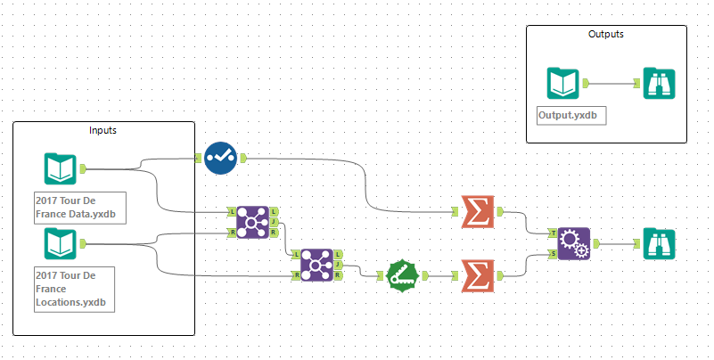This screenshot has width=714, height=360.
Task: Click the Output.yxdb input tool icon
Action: click(564, 84)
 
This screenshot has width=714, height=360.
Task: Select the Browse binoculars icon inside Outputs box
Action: click(658, 84)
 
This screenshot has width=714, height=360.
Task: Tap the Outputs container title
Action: click(606, 34)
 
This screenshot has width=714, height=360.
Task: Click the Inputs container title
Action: click(103, 130)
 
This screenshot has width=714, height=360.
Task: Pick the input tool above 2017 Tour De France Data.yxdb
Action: click(61, 168)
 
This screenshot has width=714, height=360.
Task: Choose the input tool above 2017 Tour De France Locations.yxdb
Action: click(61, 243)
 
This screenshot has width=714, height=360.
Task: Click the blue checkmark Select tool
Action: click(220, 158)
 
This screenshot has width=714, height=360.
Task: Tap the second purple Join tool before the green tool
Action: click(317, 265)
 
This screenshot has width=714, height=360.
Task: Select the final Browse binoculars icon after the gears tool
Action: click(658, 243)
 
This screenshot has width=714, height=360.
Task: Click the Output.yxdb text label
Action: click(564, 116)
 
